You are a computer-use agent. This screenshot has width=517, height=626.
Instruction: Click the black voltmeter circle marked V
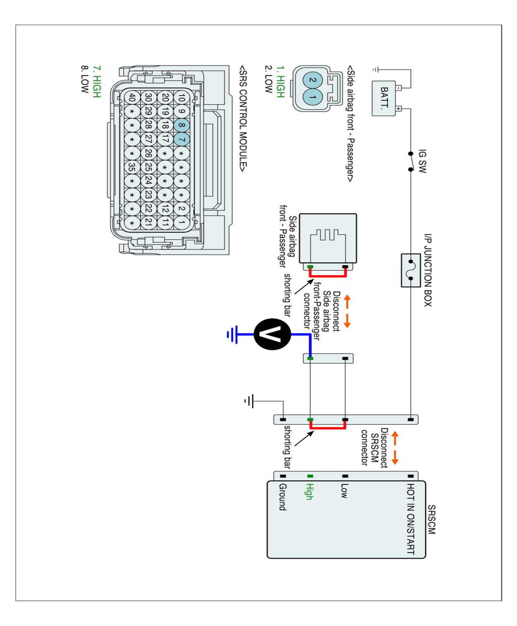[272, 334]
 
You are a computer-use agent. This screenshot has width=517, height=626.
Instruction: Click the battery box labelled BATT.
[384, 98]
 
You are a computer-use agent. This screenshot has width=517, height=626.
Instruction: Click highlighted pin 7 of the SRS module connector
[181, 139]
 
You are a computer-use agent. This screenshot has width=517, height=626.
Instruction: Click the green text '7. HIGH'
[97, 81]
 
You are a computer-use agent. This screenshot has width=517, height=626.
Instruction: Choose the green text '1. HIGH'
[281, 81]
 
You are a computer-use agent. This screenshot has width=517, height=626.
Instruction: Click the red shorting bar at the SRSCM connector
[328, 428]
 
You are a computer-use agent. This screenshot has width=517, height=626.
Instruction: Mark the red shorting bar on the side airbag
[328, 276]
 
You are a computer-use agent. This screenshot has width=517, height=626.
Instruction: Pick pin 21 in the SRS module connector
[148, 222]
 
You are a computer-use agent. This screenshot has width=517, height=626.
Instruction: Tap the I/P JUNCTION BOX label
[428, 270]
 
